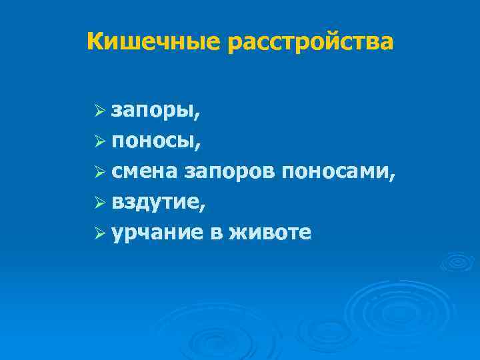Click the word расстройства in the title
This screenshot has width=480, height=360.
point(310,41)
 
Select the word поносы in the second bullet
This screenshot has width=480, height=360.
point(153,141)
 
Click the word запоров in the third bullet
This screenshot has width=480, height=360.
point(229,172)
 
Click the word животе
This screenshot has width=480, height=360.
point(269,233)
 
